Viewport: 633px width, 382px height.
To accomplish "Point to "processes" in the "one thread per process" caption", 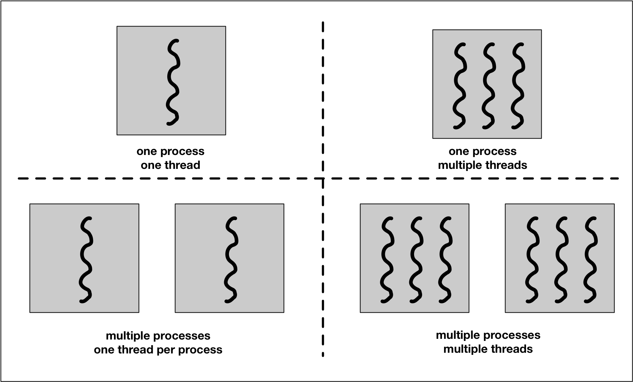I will (184, 336).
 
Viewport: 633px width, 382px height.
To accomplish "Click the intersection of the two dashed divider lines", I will (323, 179).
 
